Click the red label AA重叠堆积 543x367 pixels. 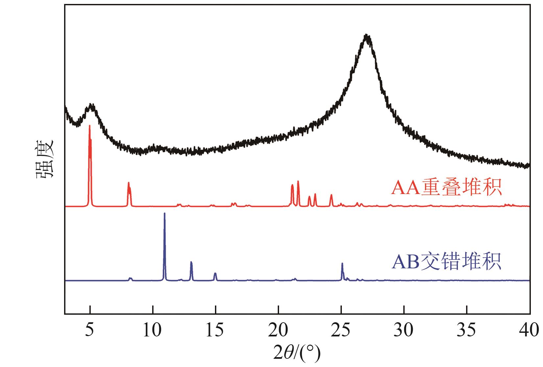point(446,188)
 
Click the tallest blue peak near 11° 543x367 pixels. point(164,214)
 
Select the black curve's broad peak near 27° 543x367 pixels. point(366,36)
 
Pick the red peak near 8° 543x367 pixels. point(129,183)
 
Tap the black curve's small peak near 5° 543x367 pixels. point(91,106)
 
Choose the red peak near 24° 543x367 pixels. point(331,195)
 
